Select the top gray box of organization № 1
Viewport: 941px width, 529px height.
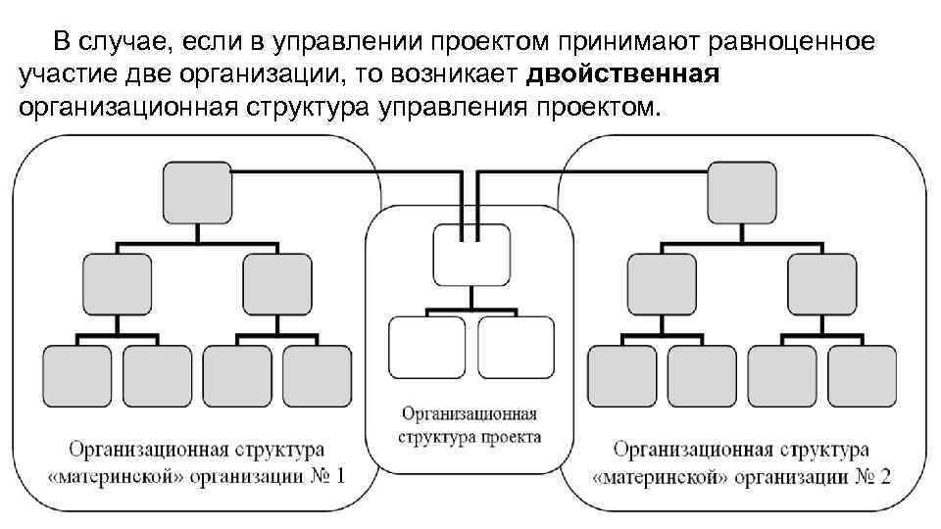click(x=196, y=192)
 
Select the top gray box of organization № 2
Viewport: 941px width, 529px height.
click(x=742, y=192)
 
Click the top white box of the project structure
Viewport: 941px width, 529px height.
click(x=470, y=255)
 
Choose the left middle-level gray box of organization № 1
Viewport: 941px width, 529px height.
click(x=117, y=285)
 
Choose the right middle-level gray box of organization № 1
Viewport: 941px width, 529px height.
click(x=276, y=285)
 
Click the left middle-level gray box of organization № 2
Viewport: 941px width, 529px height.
click(x=662, y=285)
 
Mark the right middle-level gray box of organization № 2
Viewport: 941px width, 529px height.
click(x=821, y=285)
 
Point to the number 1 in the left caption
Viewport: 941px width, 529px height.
click(x=339, y=478)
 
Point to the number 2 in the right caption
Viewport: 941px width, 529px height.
click(x=885, y=478)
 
